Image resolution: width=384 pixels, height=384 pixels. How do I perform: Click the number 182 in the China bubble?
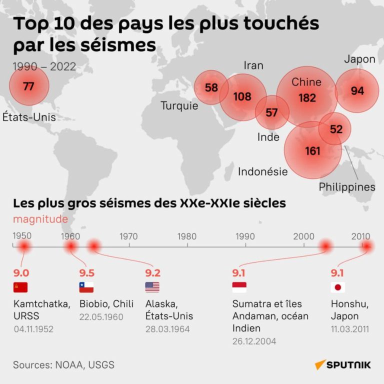point(307,98)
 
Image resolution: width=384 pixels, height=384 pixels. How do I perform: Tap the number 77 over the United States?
point(28,86)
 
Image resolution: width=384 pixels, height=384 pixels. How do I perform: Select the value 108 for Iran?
point(242,96)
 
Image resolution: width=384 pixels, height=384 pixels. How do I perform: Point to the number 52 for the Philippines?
point(336,129)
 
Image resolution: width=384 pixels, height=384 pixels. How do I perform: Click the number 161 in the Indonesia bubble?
point(312,150)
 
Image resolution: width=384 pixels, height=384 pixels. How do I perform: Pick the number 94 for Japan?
point(357,90)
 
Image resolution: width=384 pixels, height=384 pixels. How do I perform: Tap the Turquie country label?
point(179,106)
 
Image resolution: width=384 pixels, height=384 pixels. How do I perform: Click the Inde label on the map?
point(268,137)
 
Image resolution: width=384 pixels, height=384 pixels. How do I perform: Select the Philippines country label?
point(347,187)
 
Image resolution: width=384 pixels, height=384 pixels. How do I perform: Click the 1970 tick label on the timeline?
point(128,236)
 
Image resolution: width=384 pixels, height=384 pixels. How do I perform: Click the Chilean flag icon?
point(86,287)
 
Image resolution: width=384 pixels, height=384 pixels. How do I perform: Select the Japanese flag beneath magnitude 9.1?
point(338,287)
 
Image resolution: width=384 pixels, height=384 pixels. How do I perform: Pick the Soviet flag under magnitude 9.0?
point(20,287)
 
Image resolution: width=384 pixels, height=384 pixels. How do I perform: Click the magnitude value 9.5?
point(86,273)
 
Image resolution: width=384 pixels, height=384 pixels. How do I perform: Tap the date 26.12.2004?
point(254,341)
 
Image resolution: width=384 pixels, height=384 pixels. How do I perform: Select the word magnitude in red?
point(40,218)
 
